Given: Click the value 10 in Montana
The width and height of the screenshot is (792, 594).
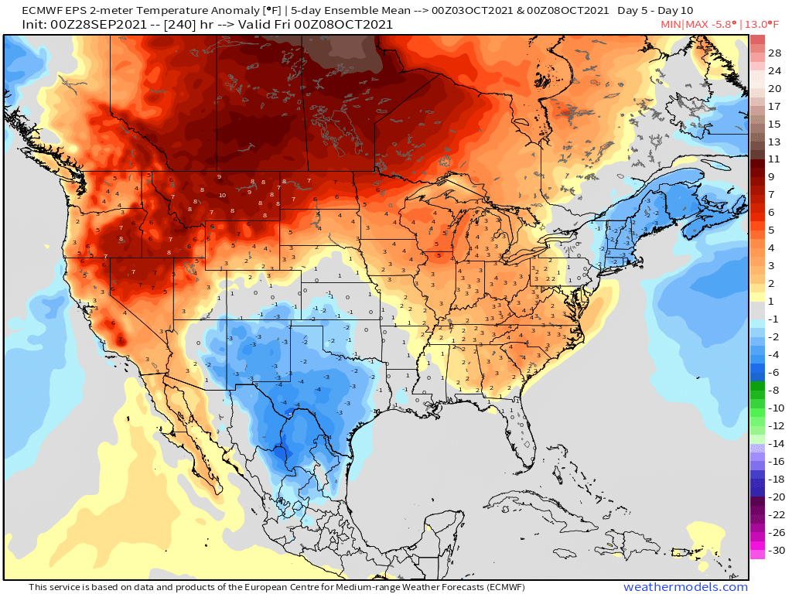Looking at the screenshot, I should click(222, 196).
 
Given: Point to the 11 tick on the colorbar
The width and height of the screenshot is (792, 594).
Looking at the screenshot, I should click(774, 159).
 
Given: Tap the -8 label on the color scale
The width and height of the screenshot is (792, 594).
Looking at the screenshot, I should click(773, 391).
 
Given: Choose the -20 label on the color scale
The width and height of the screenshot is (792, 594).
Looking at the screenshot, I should click(773, 497).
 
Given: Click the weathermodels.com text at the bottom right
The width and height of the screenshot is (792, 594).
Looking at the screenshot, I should click(685, 587).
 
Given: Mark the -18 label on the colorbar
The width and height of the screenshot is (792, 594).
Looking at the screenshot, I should click(773, 479).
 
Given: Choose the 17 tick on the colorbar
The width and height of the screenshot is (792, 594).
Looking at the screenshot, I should click(774, 106).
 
